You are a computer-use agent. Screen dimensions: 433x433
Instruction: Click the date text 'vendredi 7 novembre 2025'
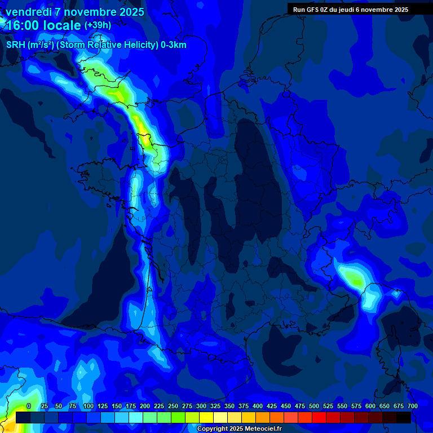point(75,12)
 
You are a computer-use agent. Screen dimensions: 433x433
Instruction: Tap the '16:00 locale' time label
point(43,25)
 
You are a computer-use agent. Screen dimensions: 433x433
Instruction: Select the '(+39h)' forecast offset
point(98,25)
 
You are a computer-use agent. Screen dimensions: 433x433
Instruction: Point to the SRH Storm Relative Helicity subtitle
point(96,45)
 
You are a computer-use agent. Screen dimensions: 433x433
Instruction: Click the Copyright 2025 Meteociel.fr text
point(239,429)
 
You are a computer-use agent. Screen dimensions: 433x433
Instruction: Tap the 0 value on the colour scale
point(29,407)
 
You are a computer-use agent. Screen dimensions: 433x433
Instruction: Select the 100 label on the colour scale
point(88,407)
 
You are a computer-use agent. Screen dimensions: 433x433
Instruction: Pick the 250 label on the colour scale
point(173,407)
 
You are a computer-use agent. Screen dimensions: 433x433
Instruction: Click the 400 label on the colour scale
point(258,407)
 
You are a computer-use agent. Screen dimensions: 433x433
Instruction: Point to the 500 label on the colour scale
point(314,407)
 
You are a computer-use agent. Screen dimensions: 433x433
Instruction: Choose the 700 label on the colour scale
point(413,407)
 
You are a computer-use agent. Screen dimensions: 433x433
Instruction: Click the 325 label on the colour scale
point(215,407)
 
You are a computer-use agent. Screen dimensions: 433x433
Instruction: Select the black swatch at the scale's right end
point(404,418)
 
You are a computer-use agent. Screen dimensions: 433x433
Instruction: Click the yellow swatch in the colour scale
point(206,418)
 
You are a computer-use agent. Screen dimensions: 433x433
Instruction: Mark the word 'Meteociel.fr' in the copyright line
point(263,429)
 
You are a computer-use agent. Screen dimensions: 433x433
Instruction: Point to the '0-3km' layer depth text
point(173,45)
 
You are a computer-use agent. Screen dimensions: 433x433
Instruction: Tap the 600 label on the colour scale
point(370,407)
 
